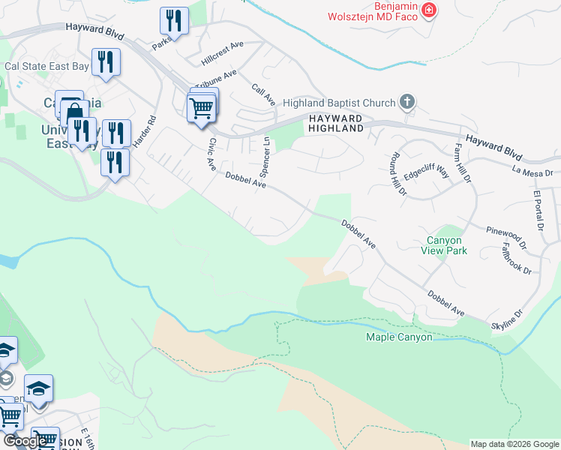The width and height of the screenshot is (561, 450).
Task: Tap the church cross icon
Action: coord(407,101)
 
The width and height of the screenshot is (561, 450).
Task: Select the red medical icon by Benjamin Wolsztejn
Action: coord(428,10)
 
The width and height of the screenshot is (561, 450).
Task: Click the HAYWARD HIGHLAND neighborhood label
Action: coord(334,124)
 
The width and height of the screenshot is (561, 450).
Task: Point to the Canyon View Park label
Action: coord(446,245)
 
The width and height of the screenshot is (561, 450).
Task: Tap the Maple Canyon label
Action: coord(399,337)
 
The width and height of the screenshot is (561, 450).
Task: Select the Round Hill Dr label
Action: coord(393,173)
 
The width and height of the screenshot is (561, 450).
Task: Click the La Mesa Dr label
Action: coord(532,172)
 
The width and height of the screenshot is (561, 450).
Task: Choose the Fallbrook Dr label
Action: coord(516,257)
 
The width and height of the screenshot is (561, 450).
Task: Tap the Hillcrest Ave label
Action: coord(223,52)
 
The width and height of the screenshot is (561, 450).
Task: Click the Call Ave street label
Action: coord(264,94)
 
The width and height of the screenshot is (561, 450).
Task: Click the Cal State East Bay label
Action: coord(46,66)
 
